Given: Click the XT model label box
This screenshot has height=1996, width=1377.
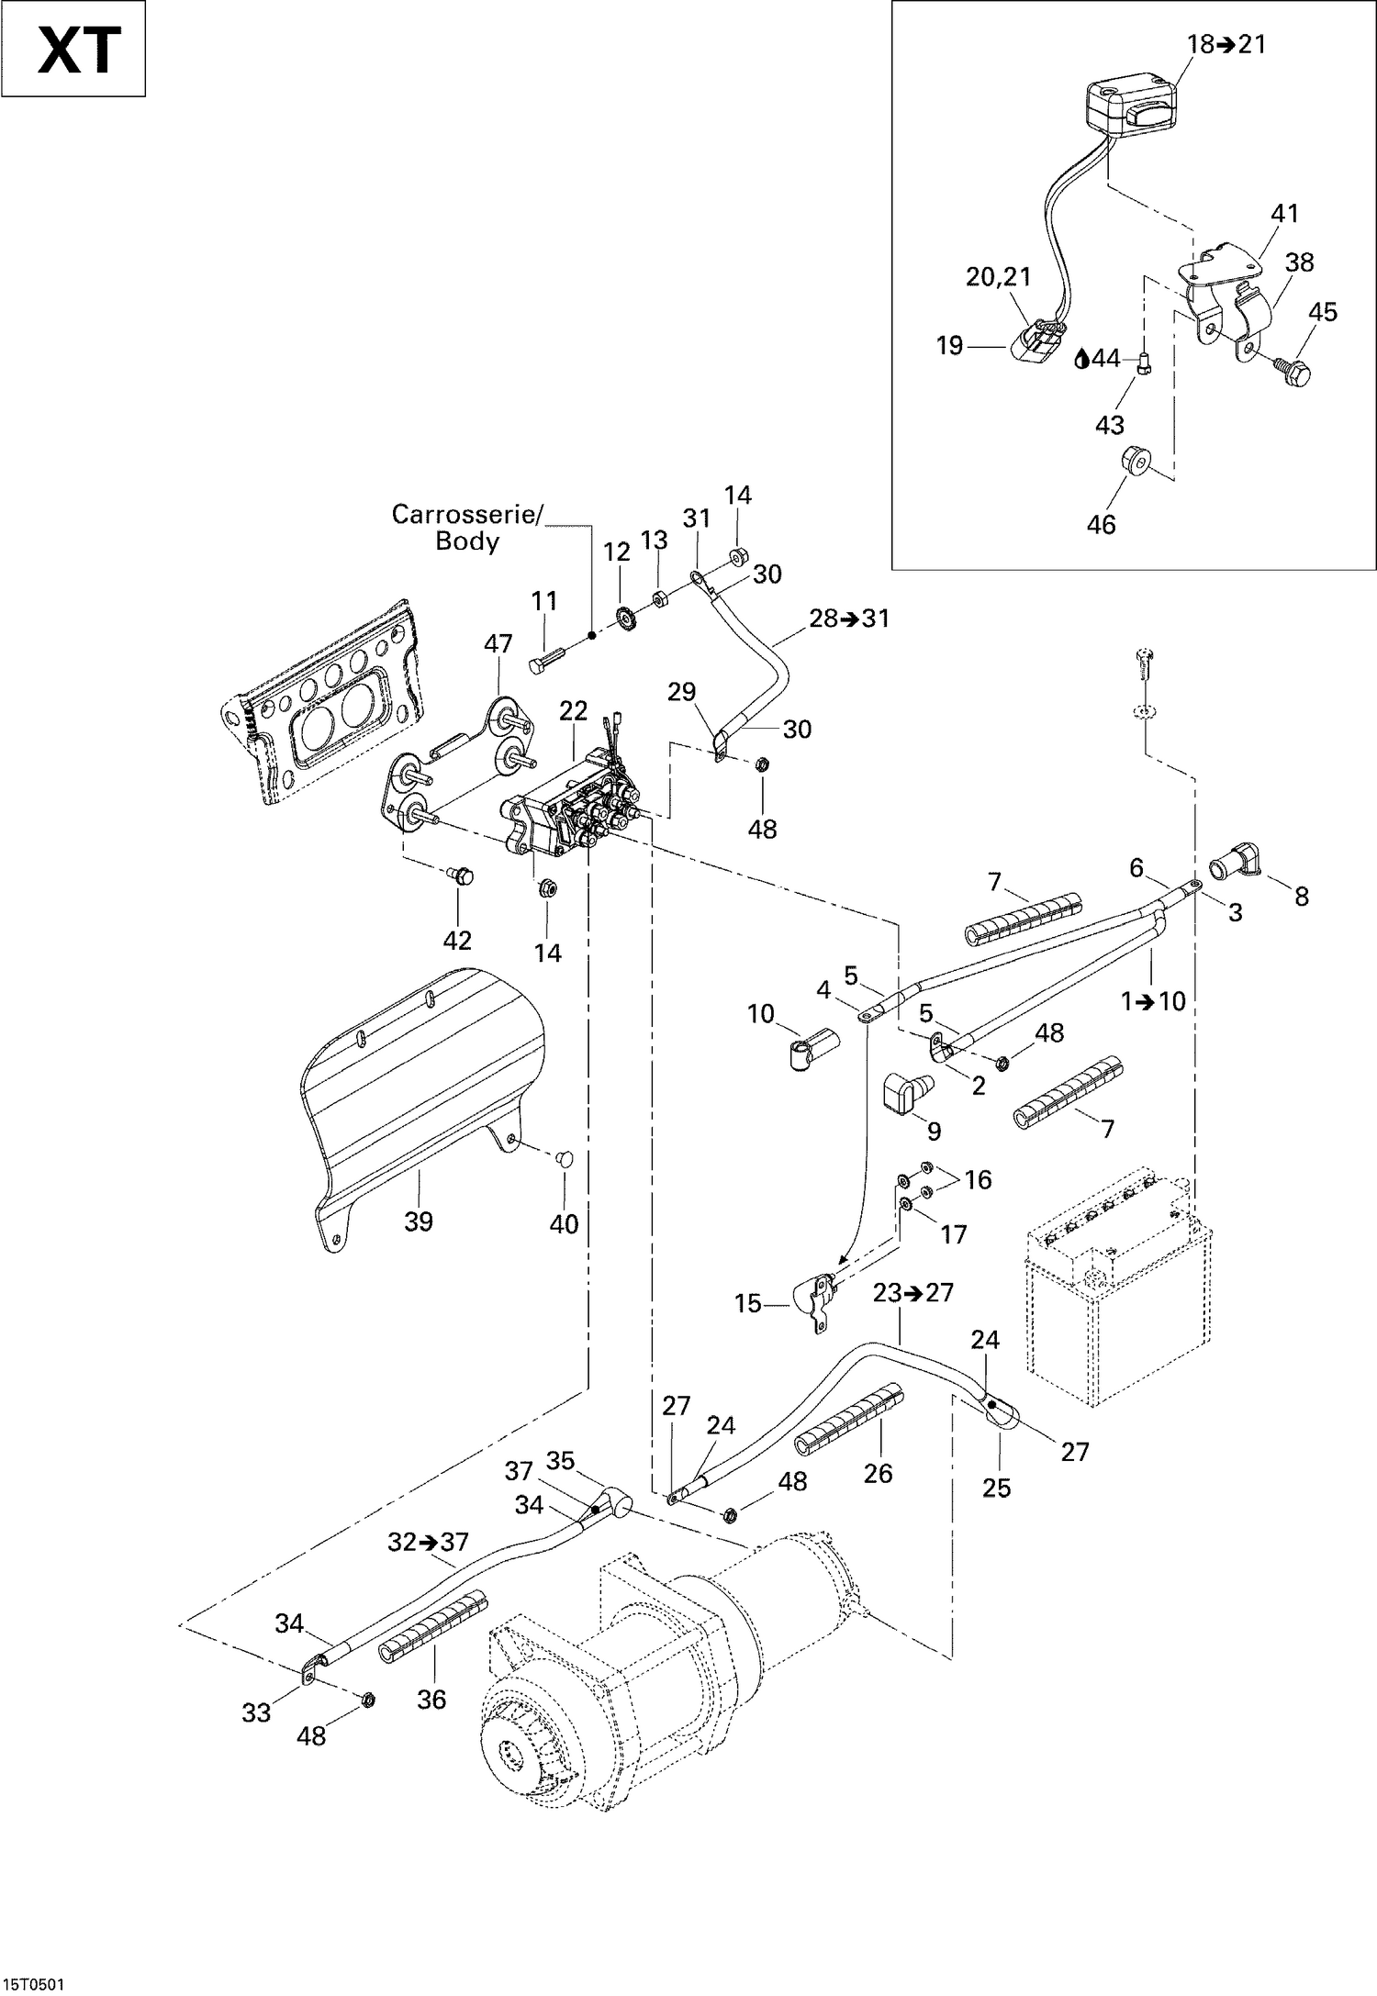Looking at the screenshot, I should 73,49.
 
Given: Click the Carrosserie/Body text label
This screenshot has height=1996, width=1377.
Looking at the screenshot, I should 467,528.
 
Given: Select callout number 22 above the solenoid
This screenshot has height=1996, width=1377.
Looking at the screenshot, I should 573,710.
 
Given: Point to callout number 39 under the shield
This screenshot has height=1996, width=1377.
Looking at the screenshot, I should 419,1221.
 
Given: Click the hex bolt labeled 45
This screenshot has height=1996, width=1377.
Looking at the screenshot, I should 1295,372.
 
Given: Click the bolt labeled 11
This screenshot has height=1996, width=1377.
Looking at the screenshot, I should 544,659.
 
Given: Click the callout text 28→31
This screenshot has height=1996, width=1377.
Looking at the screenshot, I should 849,619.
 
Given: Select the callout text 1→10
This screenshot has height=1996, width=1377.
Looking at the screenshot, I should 1153,1001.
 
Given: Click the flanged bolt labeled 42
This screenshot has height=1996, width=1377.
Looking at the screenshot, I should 462,877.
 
